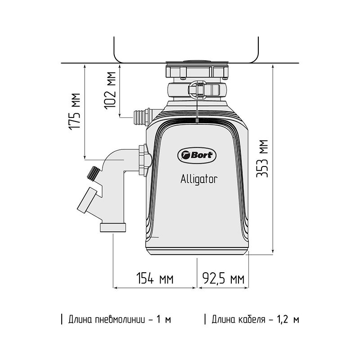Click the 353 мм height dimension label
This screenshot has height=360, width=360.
(262, 158)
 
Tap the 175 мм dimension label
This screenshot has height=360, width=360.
(75, 112)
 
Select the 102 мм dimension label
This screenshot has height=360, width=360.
(110, 90)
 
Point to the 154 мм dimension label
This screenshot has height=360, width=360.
(155, 278)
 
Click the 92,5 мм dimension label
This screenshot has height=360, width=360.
(223, 278)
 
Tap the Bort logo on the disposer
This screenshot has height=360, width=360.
(197, 155)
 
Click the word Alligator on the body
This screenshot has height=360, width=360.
(199, 179)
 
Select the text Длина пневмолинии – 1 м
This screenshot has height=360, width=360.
(120, 319)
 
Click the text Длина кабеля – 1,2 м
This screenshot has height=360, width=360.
(255, 319)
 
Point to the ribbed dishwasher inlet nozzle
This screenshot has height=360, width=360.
(140, 117)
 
